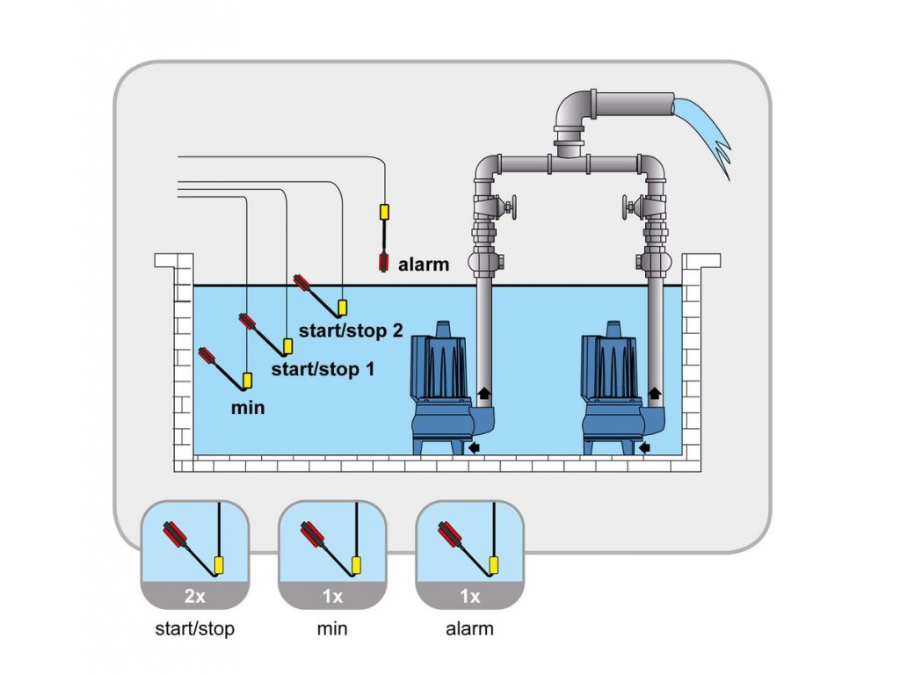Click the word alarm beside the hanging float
(x=424, y=264)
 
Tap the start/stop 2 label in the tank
(x=351, y=331)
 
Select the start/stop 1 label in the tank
(x=323, y=370)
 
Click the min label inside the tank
(x=247, y=407)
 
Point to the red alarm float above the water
(x=383, y=261)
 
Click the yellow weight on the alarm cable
(x=384, y=212)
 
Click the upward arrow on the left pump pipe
(x=483, y=392)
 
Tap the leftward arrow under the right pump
(x=646, y=448)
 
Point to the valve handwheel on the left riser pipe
(x=510, y=208)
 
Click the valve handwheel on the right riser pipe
(x=628, y=208)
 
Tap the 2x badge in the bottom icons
(x=195, y=596)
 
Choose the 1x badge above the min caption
(x=332, y=596)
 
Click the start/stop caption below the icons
(x=195, y=628)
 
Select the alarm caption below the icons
(x=470, y=628)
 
